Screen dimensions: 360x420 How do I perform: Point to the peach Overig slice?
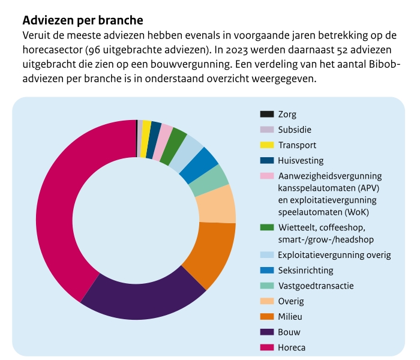pyautogui.click(x=217, y=204)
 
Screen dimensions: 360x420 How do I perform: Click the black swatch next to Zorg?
pyautogui.click(x=267, y=114)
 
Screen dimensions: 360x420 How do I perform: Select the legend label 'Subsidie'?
pyautogui.click(x=295, y=129)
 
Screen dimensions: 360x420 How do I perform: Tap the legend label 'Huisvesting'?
pyautogui.click(x=301, y=160)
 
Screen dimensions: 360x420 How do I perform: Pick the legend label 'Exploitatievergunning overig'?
pyautogui.click(x=334, y=255)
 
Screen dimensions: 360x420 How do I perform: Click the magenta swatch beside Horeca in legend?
pyautogui.click(x=267, y=347)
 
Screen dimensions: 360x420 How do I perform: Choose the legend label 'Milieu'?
pyautogui.click(x=291, y=317)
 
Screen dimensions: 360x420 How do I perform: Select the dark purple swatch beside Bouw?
pyautogui.click(x=267, y=332)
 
